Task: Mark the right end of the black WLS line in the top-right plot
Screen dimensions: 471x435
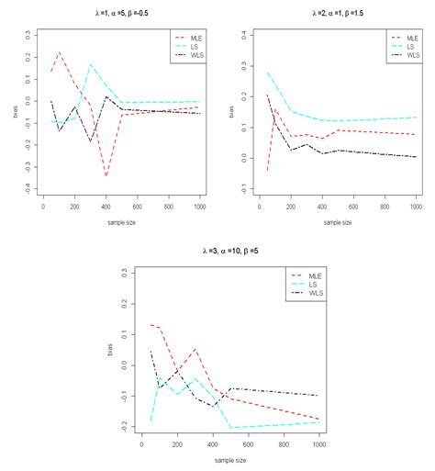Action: (414, 157)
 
